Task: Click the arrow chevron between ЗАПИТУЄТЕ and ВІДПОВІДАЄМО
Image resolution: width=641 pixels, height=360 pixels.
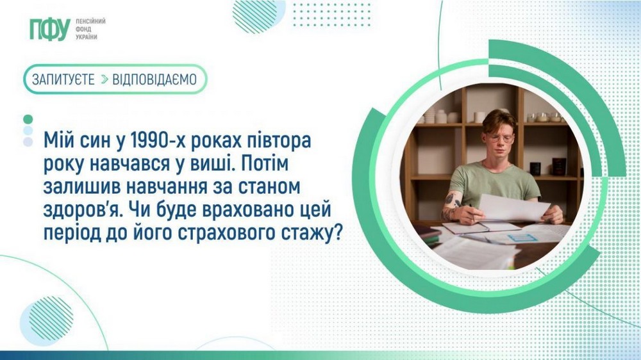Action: click(103, 79)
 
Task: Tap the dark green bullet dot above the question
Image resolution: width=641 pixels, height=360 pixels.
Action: click(28, 119)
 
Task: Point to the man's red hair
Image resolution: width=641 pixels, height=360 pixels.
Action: click(499, 119)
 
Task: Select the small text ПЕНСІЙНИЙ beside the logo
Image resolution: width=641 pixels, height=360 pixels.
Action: click(90, 21)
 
